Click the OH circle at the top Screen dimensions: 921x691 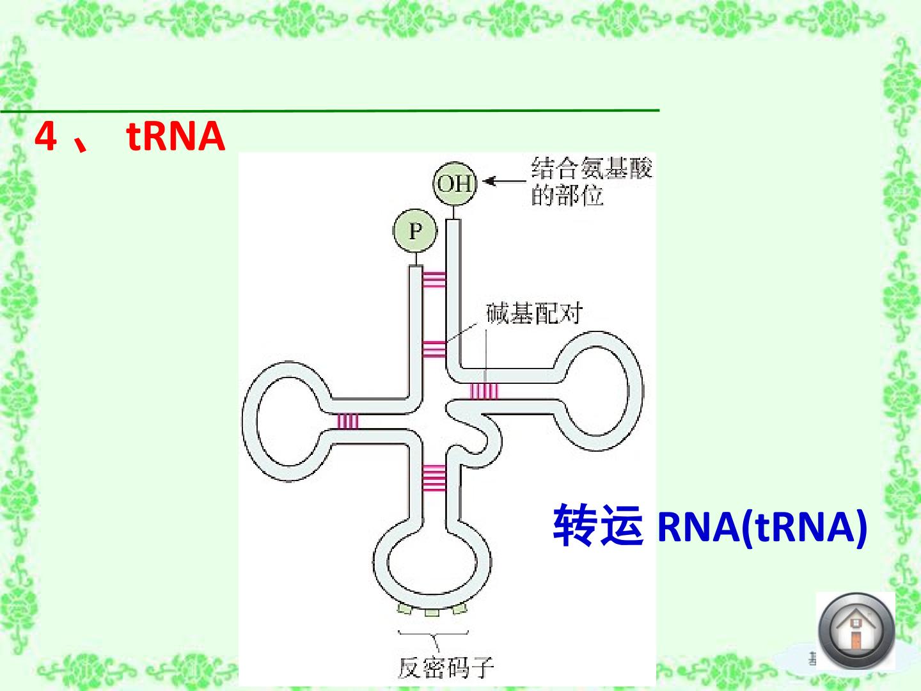coord(455,184)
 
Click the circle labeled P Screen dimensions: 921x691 coord(415,230)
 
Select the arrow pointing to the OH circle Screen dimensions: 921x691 coord(504,181)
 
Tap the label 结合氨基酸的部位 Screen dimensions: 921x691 coord(592,181)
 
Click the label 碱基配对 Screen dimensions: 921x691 coord(534,313)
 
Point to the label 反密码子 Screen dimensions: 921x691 coord(445,667)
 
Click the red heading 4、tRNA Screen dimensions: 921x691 coord(130,136)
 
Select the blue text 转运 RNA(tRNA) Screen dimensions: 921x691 coord(710,526)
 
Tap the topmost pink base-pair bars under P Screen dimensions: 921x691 coord(434,280)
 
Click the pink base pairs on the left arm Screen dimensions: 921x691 coord(348,421)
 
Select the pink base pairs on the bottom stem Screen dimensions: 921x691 coord(434,478)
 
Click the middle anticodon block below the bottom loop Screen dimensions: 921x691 coord(432,613)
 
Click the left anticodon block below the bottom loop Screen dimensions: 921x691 coord(404,609)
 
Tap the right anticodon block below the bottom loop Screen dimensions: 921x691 coord(460,608)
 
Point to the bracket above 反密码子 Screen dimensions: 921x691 coord(433,634)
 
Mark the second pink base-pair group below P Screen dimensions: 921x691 coord(434,349)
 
